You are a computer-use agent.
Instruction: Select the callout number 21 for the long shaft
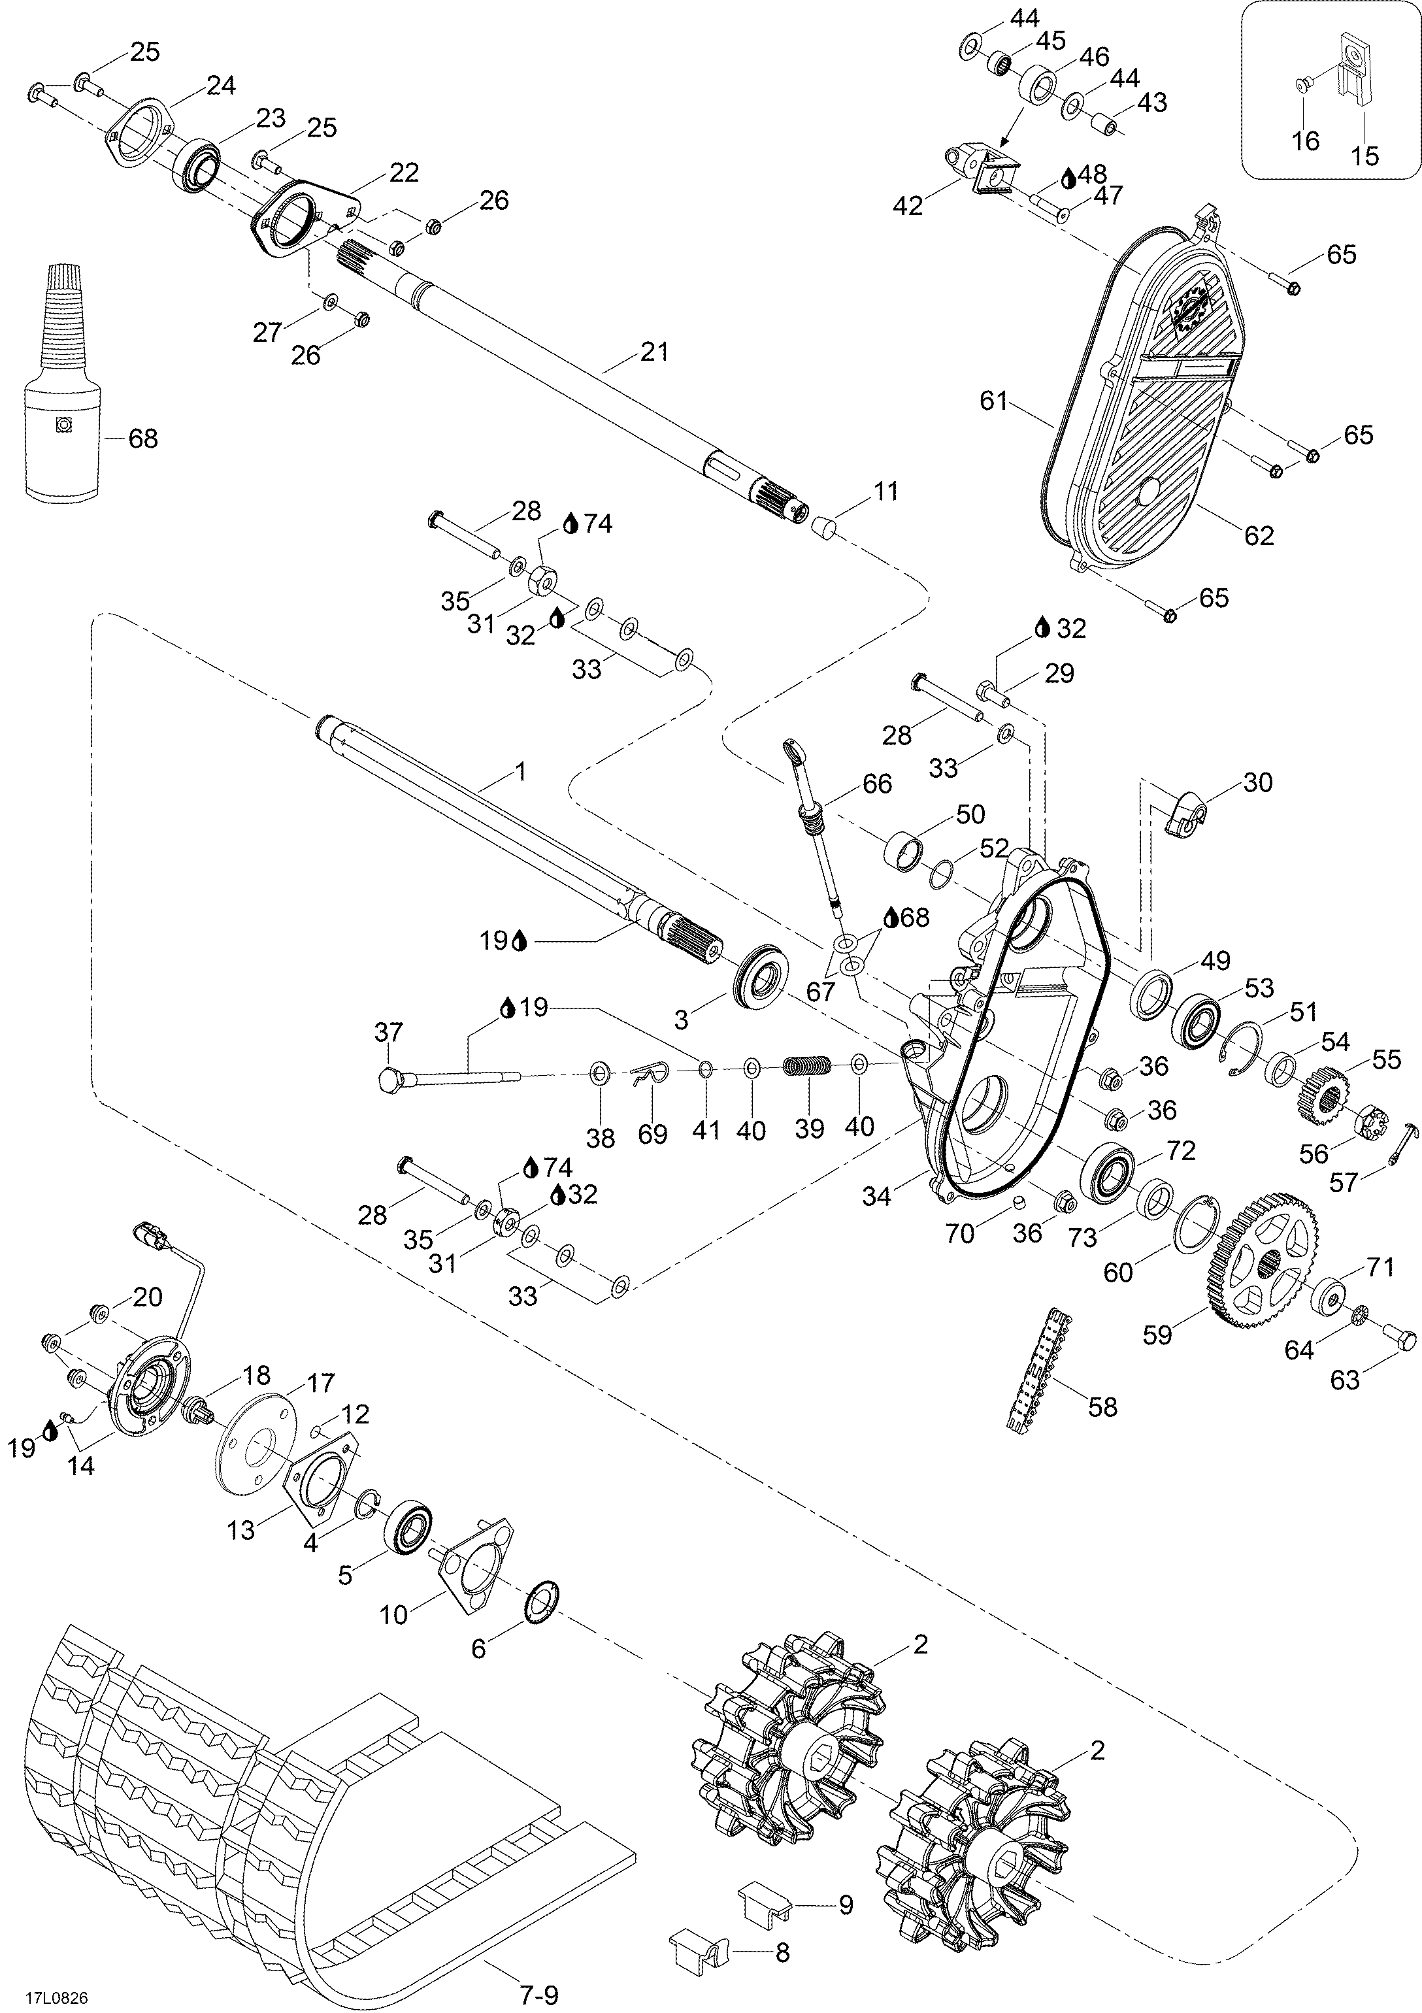pos(654,352)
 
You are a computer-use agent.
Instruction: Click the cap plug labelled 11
pos(822,526)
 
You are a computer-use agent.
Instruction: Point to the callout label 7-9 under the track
pos(538,1995)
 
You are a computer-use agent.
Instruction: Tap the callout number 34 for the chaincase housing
pos(877,1196)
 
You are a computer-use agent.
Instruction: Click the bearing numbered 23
pos(199,163)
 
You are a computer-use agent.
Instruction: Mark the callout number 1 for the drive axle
pos(520,771)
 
